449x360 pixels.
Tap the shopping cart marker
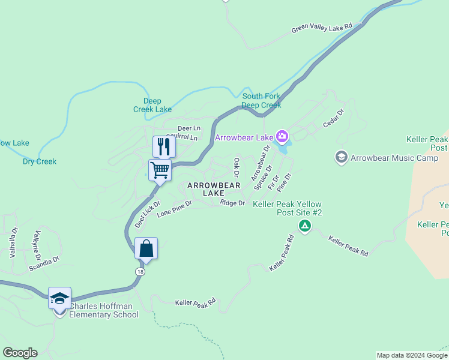[160, 170]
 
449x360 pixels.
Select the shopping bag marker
[146, 248]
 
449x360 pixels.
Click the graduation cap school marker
[60, 298]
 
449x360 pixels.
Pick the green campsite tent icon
[305, 226]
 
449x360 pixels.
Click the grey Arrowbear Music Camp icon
[341, 157]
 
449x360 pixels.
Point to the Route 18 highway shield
[140, 271]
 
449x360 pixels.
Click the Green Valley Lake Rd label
[322, 28]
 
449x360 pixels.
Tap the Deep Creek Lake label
[152, 105]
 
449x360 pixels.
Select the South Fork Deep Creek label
[261, 101]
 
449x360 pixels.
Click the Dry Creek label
[40, 161]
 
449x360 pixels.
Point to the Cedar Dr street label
[333, 119]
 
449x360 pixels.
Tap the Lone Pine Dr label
[174, 209]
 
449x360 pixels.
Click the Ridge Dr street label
[232, 203]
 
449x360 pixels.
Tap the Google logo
[20, 353]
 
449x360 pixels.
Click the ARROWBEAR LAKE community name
[214, 190]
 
